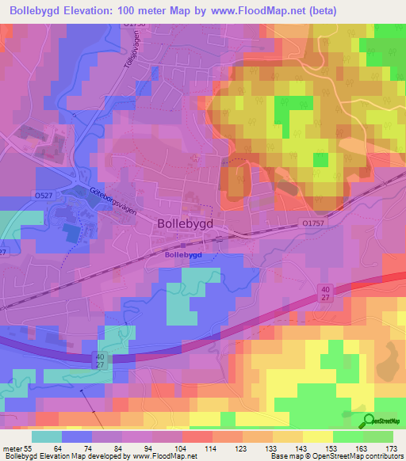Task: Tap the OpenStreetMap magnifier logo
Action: [366, 421]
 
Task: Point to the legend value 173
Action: [391, 448]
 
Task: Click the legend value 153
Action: [331, 448]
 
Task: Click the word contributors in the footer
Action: [383, 457]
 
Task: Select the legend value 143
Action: [301, 448]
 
